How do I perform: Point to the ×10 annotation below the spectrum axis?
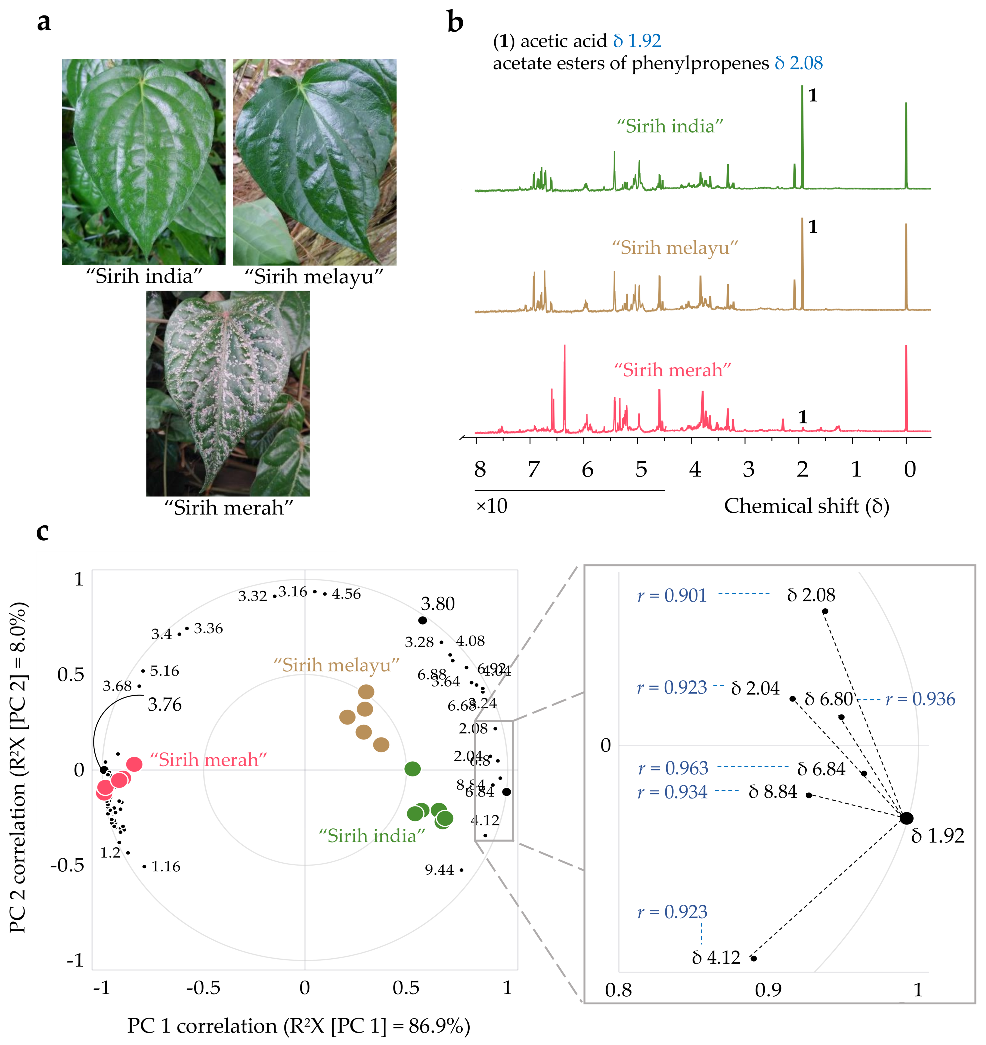pos(492,506)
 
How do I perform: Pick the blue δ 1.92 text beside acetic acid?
pos(637,41)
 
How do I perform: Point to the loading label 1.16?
pos(166,866)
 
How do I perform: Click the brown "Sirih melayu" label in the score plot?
pos(336,665)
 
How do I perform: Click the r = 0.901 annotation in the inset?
pos(672,595)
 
